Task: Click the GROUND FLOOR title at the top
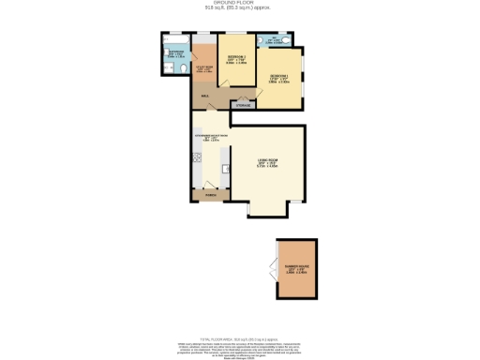(239, 5)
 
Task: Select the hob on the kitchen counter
(226, 169)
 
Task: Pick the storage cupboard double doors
(243, 98)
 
